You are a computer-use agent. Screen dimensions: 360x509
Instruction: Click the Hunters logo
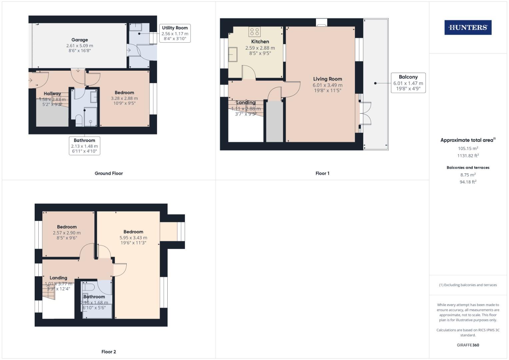[468, 28]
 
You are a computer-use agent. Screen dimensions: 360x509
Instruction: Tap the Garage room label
[80, 40]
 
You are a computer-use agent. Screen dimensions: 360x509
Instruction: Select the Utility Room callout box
[175, 33]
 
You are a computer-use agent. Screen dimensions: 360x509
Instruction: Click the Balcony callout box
[408, 83]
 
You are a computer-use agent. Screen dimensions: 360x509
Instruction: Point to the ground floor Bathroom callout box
[84, 146]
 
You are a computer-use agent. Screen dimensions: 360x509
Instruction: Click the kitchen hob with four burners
[254, 32]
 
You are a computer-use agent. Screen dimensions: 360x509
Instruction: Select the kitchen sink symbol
[233, 55]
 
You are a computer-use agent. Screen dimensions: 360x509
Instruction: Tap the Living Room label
[327, 79]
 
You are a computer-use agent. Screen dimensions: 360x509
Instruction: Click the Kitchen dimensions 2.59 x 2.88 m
[260, 48]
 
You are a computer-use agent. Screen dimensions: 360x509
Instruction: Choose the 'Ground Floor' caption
[109, 173]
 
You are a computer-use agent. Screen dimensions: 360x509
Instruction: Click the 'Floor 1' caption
[322, 173]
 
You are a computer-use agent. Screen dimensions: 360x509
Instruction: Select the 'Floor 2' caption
[109, 352]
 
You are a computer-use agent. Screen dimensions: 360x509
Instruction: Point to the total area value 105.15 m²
[468, 149]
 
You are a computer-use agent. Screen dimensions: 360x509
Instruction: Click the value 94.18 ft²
[468, 182]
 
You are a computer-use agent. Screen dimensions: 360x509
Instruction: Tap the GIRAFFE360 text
[468, 345]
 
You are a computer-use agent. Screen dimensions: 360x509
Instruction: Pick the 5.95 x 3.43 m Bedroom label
[133, 237]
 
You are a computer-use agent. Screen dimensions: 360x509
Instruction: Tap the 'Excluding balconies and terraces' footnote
[468, 285]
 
